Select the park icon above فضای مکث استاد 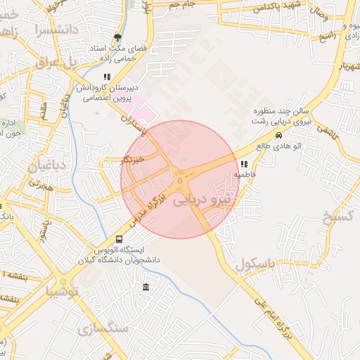[117, 38]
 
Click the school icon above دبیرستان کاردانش [107, 77]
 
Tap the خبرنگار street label [132, 160]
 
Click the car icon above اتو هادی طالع [279, 135]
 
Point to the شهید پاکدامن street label [278, 7]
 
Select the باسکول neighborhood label [255, 265]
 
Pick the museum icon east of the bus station [146, 288]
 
